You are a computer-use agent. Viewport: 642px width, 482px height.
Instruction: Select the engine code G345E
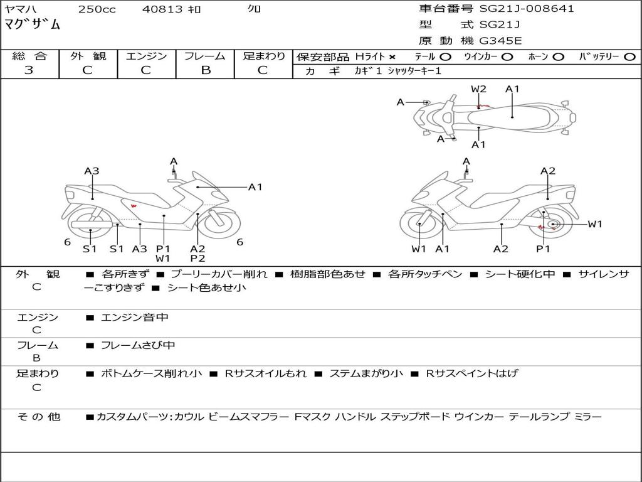point(500,41)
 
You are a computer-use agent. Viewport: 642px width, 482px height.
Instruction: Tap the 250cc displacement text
point(97,9)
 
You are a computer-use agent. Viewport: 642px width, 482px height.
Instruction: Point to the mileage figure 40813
point(163,9)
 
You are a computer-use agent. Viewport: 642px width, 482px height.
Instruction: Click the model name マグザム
point(33,25)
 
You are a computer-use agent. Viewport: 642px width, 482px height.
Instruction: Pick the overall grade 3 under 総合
point(29,70)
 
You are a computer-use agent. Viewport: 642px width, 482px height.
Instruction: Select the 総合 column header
point(29,56)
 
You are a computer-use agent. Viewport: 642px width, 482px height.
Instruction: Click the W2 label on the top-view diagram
point(478,89)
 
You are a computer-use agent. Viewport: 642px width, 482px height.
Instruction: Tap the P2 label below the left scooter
point(197,258)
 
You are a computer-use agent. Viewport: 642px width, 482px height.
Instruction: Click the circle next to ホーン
point(559,57)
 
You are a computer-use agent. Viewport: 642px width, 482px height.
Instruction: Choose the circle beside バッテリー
point(629,57)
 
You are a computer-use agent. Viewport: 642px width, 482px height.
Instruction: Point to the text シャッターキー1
point(414,71)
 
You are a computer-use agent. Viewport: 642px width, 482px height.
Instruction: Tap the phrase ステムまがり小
point(366,373)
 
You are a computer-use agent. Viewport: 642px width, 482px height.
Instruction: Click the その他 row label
point(38,417)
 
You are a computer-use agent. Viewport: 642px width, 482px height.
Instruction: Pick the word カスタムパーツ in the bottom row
point(131,417)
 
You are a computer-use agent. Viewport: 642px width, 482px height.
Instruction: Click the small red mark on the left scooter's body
point(133,206)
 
